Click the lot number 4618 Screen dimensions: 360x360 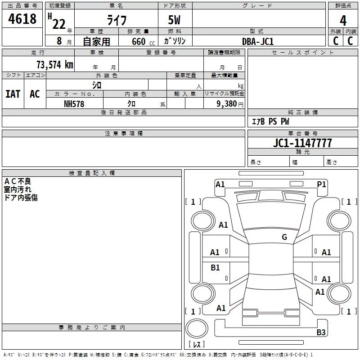[22, 19]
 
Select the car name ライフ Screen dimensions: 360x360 [116, 20]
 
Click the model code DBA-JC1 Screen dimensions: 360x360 [258, 41]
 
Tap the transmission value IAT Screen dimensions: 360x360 [13, 94]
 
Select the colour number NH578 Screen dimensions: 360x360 [74, 103]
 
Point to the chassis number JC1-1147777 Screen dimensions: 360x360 [302, 143]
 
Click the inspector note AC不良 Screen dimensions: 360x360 [18, 181]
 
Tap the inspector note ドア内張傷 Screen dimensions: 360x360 [21, 198]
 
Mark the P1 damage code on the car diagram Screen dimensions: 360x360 [321, 184]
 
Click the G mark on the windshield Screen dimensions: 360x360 [284, 237]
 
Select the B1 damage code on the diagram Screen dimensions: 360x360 [216, 268]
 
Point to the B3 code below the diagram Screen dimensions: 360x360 [321, 333]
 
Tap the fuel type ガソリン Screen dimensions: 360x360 [175, 41]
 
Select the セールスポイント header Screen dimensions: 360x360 [303, 53]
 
